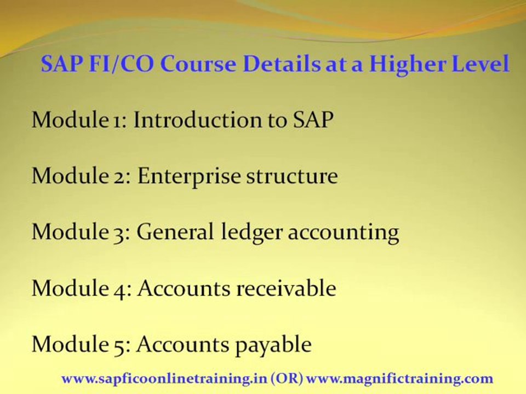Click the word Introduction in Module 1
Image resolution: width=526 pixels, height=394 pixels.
197,119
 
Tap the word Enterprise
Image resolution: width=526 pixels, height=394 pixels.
189,176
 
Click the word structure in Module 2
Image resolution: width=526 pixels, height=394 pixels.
292,176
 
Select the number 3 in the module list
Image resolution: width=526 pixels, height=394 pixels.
121,234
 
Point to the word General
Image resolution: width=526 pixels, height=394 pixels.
175,231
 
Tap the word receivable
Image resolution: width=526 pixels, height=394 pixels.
286,288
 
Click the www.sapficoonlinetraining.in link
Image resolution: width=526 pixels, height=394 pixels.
164,379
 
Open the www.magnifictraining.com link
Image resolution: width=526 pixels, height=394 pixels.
400,379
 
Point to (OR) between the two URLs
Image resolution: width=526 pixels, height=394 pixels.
287,379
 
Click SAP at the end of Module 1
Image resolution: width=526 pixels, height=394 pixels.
313,119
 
